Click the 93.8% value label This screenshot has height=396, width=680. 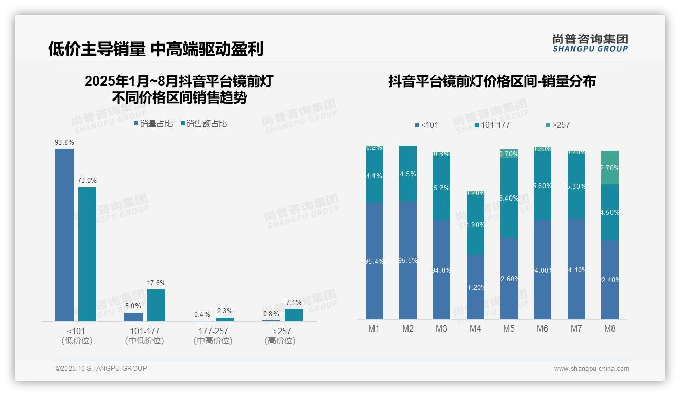[x=64, y=143]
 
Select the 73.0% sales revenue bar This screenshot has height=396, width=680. [x=87, y=254]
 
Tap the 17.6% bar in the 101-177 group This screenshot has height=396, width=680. [x=156, y=305]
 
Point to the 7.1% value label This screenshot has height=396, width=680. [x=294, y=302]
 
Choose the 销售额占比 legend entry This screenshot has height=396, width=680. [x=203, y=124]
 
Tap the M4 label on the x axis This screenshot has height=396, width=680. [x=475, y=328]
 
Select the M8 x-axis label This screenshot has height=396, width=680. [x=610, y=328]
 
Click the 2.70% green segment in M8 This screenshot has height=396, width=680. [x=610, y=168]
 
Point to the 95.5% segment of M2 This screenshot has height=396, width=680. [x=408, y=260]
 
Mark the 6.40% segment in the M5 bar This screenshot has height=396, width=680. [x=509, y=198]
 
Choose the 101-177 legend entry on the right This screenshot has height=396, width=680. [x=492, y=125]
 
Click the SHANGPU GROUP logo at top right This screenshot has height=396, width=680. [x=590, y=43]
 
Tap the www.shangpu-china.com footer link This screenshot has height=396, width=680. [x=591, y=369]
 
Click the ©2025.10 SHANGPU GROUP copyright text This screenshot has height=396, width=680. [x=101, y=368]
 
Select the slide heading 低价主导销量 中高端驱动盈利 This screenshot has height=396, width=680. [x=156, y=49]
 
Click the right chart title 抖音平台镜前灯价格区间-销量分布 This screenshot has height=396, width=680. [x=492, y=81]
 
